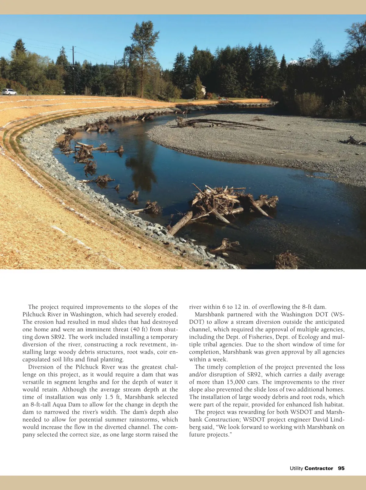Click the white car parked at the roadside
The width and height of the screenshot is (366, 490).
click(x=9, y=92)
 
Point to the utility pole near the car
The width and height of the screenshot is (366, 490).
click(x=74, y=70)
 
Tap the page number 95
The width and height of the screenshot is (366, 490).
click(x=341, y=468)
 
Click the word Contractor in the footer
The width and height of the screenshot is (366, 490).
click(x=319, y=468)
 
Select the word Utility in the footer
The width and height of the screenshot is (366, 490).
click(x=296, y=468)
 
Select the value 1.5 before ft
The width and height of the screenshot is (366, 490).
click(x=109, y=397)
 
